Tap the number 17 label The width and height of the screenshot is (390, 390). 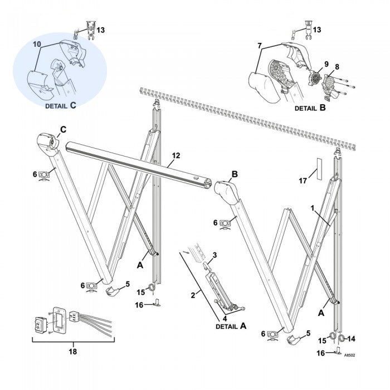[x=303, y=181]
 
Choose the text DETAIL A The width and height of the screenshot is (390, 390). [x=231, y=327]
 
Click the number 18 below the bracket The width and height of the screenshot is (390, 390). [x=73, y=352]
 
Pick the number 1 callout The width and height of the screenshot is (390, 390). [x=313, y=207]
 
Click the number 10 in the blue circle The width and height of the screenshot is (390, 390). [x=37, y=43]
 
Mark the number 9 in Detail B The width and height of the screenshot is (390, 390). [x=326, y=64]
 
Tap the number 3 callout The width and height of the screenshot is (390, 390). [x=214, y=255]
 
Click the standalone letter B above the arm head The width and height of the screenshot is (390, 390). [x=235, y=174]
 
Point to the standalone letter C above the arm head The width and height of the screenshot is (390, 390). [x=62, y=129]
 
